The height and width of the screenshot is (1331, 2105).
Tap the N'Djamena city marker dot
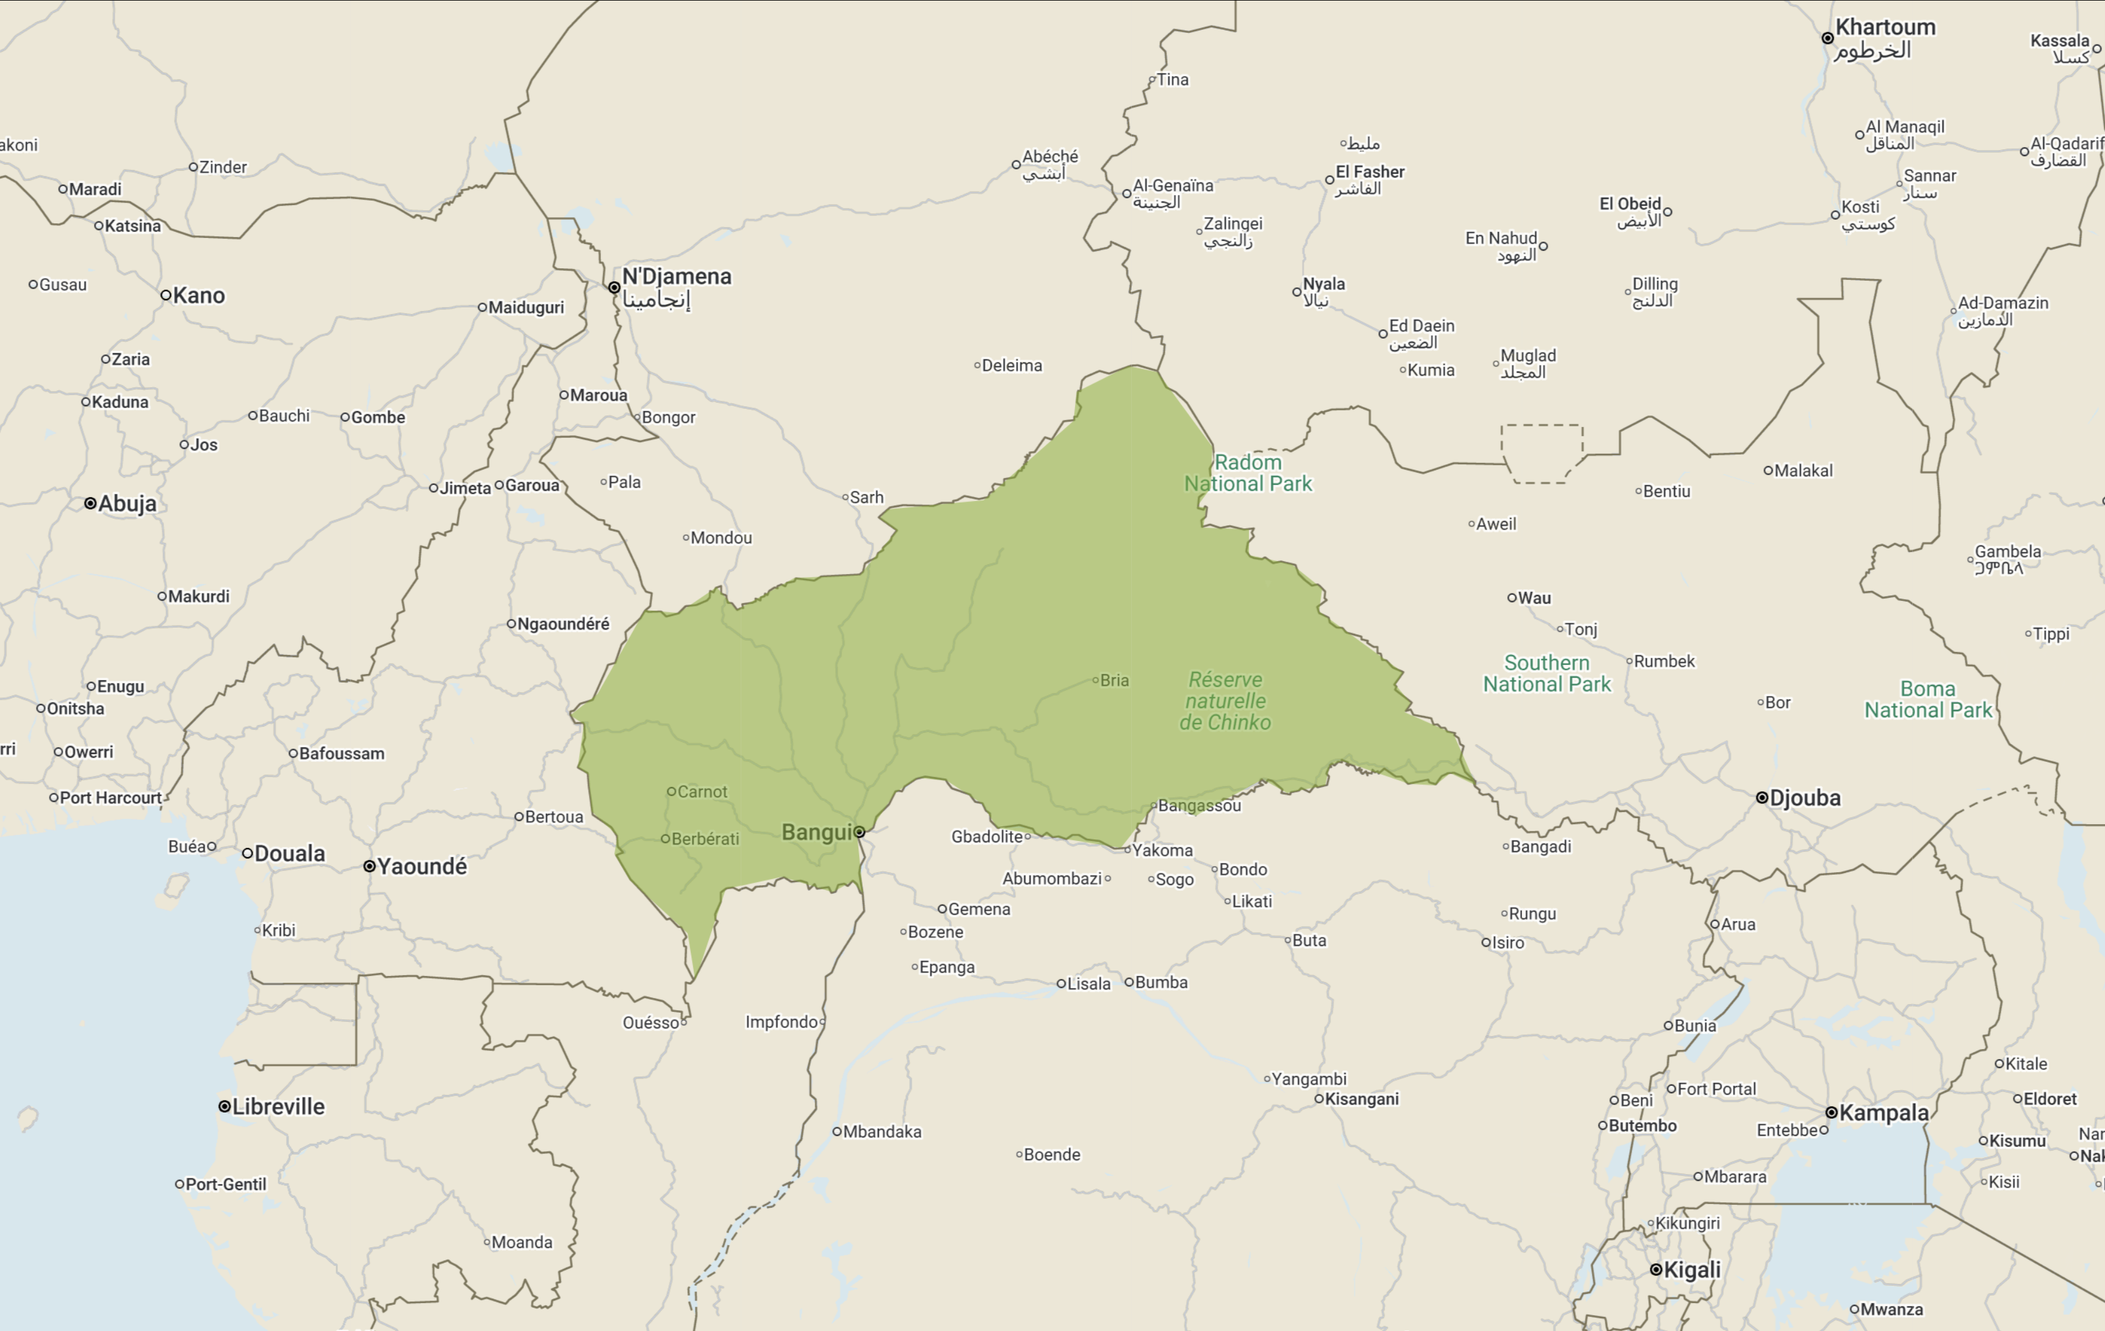(614, 287)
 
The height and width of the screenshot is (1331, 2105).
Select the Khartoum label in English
(1885, 27)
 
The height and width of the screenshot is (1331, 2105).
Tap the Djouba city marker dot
(1761, 797)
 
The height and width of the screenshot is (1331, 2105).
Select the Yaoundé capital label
(422, 866)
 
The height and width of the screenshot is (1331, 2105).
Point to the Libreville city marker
(225, 1107)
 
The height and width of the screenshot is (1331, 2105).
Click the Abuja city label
(127, 503)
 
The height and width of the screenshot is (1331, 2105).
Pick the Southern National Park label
(1546, 674)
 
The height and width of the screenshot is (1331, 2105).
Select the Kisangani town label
(1361, 1099)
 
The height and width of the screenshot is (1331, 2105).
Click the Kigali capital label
(1691, 1270)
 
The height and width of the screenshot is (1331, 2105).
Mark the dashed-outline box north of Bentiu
(1541, 453)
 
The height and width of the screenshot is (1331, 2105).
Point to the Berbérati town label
(705, 839)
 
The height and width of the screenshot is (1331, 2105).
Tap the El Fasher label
(1369, 172)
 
